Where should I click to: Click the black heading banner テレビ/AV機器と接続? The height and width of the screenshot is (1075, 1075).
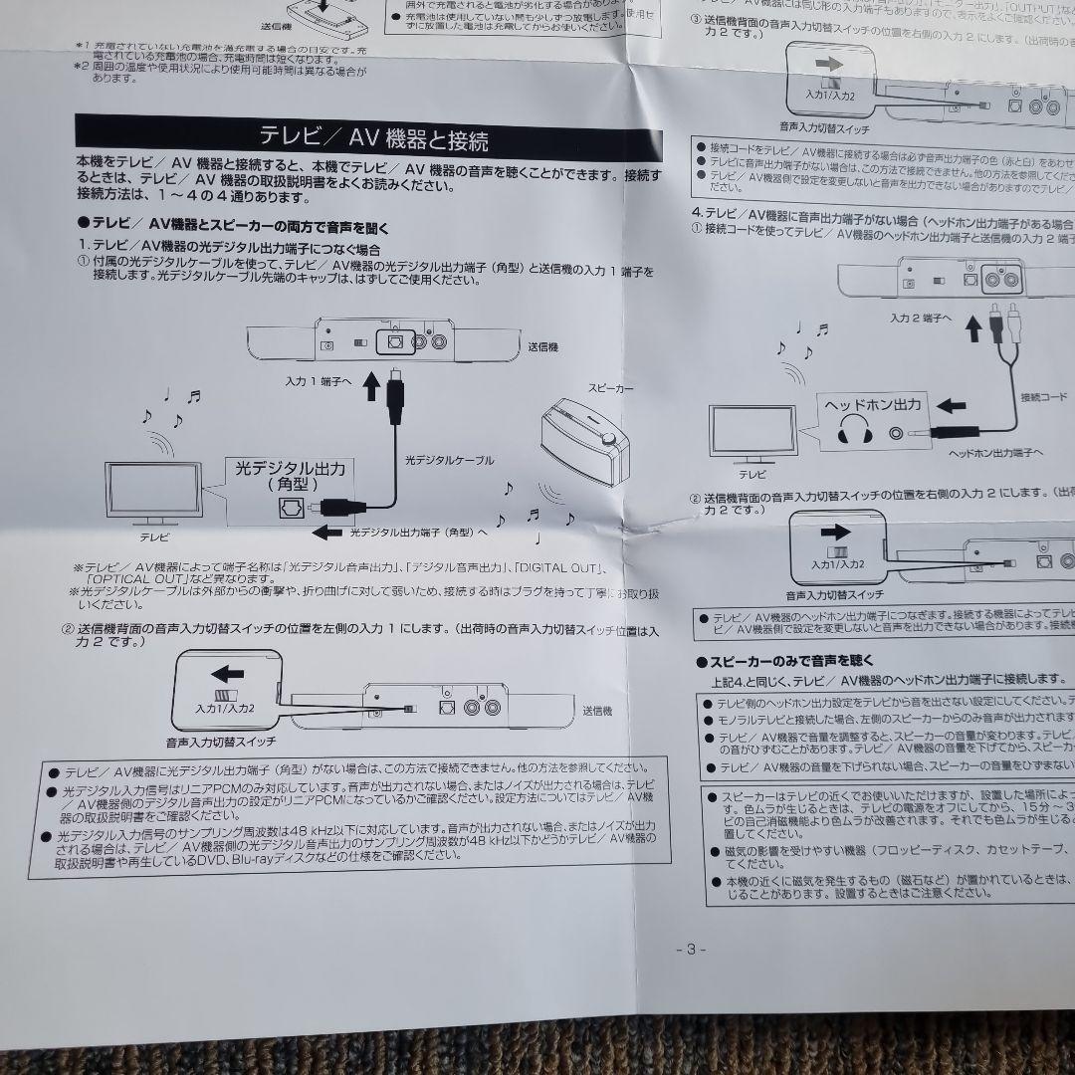372,136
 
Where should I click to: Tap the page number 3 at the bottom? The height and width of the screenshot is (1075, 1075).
689,949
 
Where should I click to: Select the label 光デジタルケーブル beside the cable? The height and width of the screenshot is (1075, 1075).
449,461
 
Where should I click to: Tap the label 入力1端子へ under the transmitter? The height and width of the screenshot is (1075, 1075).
319,381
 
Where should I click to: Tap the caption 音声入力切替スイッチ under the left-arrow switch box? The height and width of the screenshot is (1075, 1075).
220,743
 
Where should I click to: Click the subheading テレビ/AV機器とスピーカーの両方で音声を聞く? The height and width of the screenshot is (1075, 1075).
234,227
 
